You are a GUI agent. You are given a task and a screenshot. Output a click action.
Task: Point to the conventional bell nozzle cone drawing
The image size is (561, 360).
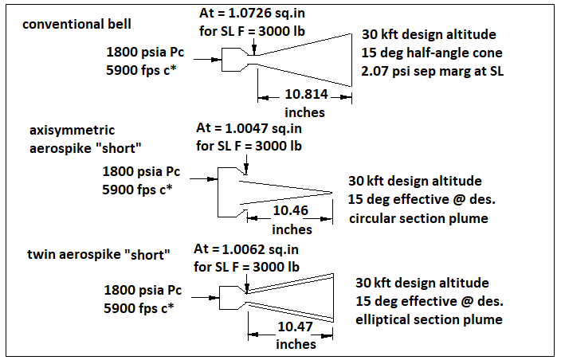(303, 59)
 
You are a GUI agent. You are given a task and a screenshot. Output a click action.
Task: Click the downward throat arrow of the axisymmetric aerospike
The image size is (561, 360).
(248, 164)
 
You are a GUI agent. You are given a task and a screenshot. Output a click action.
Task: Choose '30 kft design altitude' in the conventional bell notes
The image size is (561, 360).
(428, 35)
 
